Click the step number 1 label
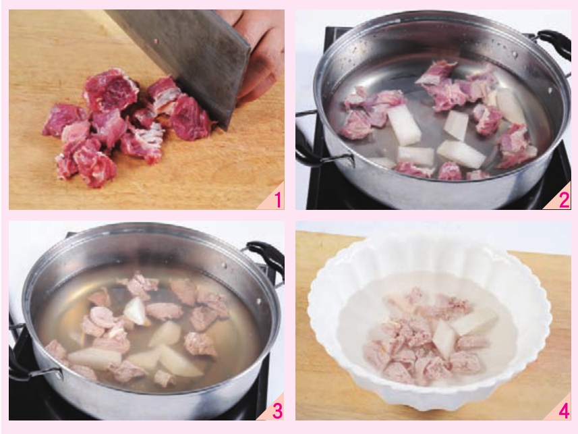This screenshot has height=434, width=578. tap(278, 200)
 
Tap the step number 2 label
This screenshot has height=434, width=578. tap(565, 200)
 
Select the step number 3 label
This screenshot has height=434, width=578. tap(278, 411)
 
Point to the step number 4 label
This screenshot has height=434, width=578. tap(564, 411)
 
